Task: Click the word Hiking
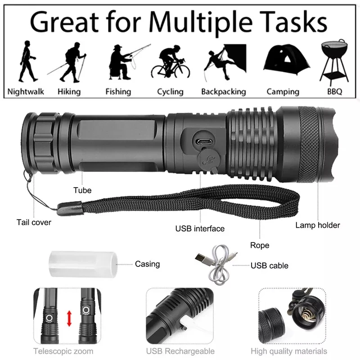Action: pos(69,92)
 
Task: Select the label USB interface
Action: pos(200,229)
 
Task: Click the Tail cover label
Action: pos(34,222)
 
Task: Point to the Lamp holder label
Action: pos(318,225)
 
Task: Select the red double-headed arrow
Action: pos(69,318)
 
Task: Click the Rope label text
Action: pos(260,245)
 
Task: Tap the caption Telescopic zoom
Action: pos(63,351)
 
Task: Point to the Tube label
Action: pos(82,190)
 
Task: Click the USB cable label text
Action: pos(270,265)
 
